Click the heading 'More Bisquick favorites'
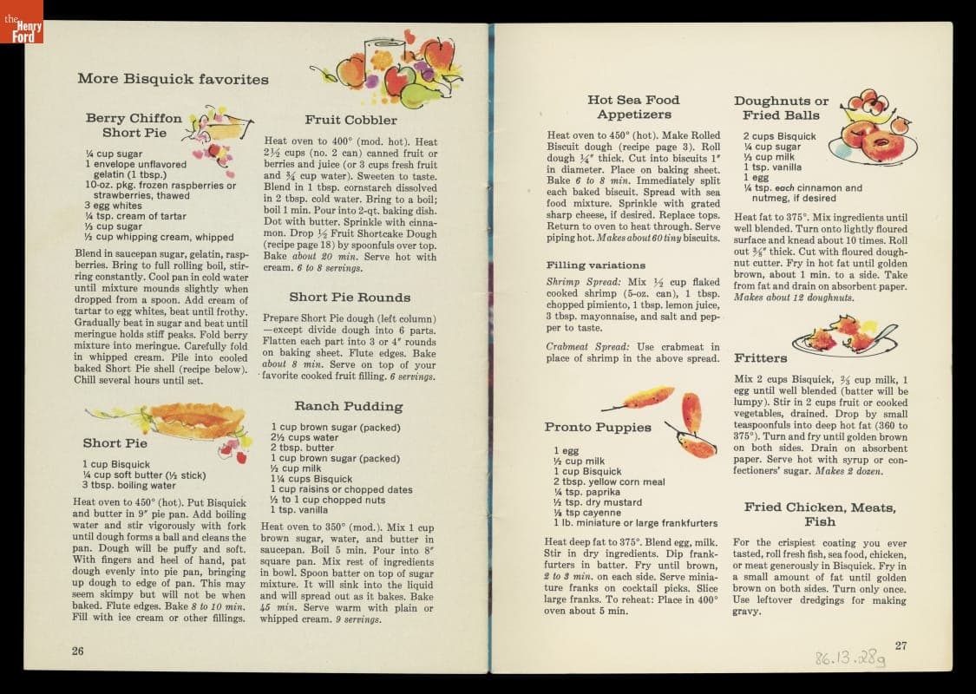pos(173,79)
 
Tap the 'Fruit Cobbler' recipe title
pos(350,120)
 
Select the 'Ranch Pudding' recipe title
pos(348,406)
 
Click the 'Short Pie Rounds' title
pos(350,297)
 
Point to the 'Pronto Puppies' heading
pos(598,427)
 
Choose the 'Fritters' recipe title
pos(761,357)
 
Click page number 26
pos(78,651)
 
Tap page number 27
pos(901,645)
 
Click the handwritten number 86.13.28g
pos(850,660)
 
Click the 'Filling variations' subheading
pos(596,265)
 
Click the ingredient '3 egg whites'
pos(115,206)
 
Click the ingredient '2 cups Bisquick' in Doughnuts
pos(779,136)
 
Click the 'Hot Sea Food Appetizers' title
pos(633,107)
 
